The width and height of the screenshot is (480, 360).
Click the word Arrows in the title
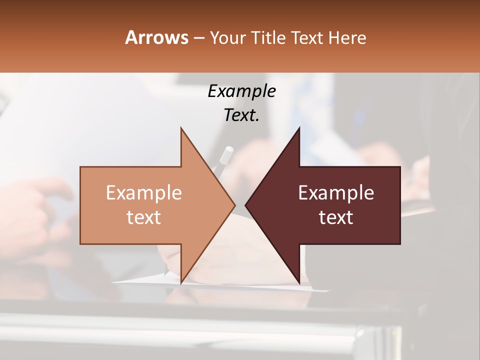pyautogui.click(x=156, y=37)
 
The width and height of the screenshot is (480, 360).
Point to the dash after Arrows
pyautogui.click(x=198, y=38)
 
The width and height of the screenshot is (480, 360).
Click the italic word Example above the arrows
pyautogui.click(x=241, y=91)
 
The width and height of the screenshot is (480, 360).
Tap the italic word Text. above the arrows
pyautogui.click(x=241, y=115)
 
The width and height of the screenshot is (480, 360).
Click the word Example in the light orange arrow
pyautogui.click(x=144, y=193)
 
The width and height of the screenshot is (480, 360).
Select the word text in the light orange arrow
pyautogui.click(x=144, y=217)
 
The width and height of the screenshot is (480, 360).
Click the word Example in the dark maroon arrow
pyautogui.click(x=336, y=193)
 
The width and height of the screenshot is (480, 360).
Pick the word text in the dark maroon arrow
pyautogui.click(x=336, y=217)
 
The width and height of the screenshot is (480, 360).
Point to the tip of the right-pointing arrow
pyautogui.click(x=235, y=205)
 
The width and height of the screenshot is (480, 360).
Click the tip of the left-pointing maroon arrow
pyautogui.click(x=245, y=205)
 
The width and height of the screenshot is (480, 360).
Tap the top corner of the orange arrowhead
pyautogui.click(x=181, y=128)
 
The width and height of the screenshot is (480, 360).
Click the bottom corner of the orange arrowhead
pyautogui.click(x=181, y=283)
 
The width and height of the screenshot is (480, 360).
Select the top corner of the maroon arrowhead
pyautogui.click(x=299, y=128)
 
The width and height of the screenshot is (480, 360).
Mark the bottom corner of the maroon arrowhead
pyautogui.click(x=299, y=283)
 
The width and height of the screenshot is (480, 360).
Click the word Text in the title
pyautogui.click(x=307, y=38)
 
